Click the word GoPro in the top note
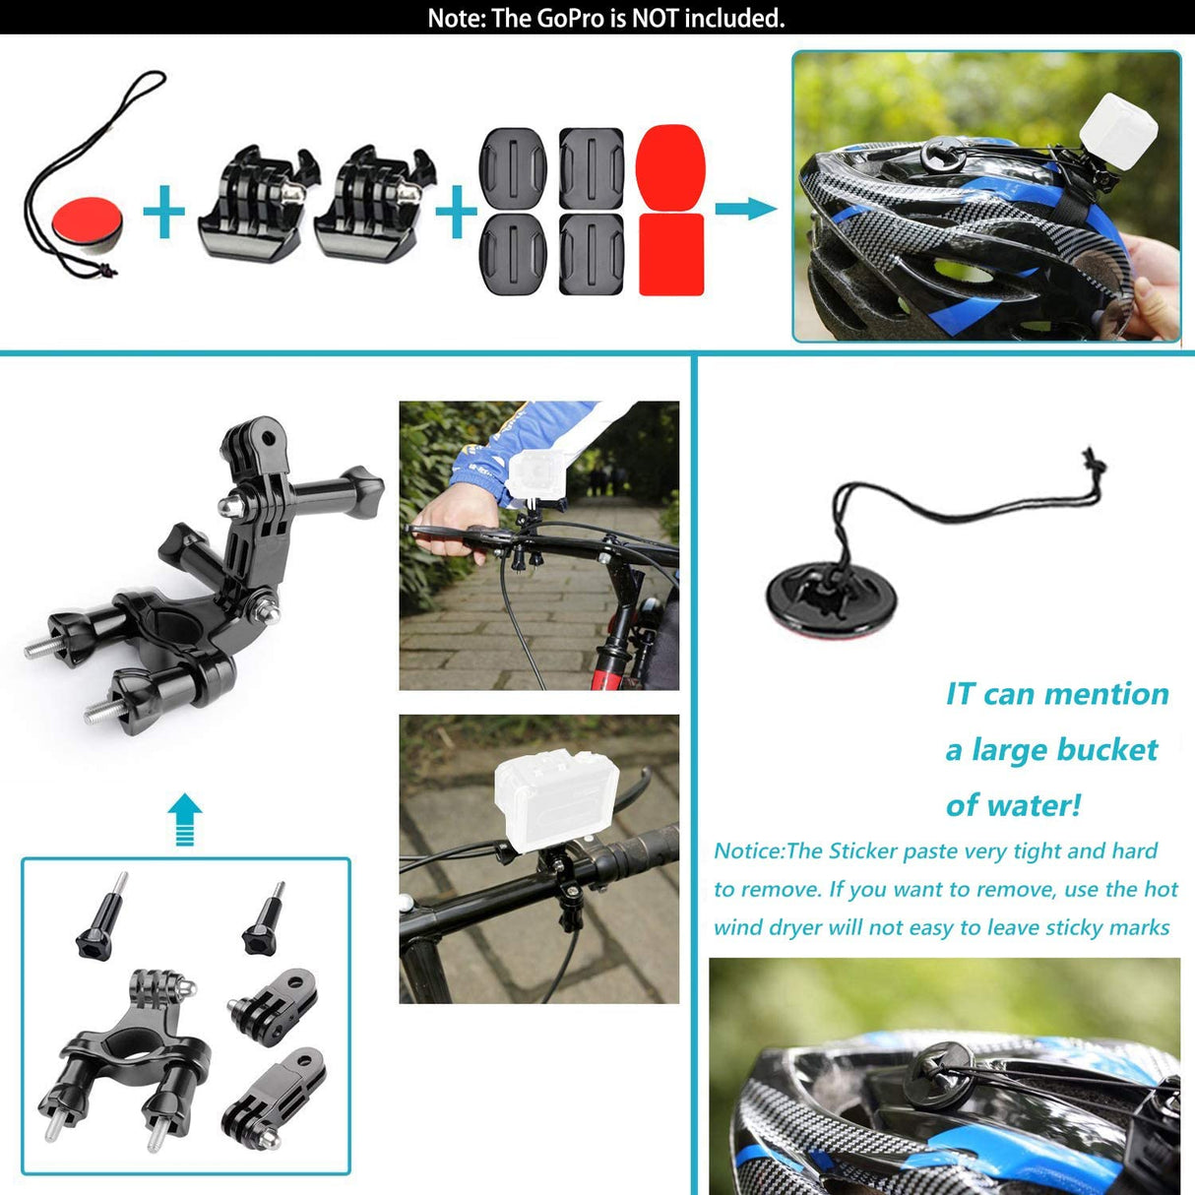[x=569, y=18]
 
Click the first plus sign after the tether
[x=163, y=212]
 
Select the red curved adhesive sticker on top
[x=670, y=165]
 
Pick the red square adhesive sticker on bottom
[x=671, y=254]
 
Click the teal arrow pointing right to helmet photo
[x=745, y=209]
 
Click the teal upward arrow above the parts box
[x=184, y=819]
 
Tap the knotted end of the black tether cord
[x=1093, y=466]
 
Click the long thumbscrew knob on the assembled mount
[x=340, y=489]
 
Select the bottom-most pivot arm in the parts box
[x=277, y=1098]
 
